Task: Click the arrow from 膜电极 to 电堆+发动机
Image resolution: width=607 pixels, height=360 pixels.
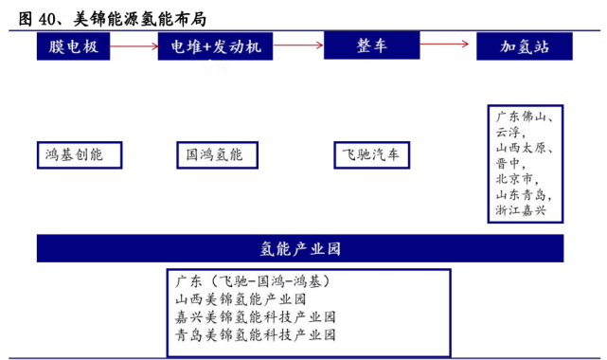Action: tap(133, 44)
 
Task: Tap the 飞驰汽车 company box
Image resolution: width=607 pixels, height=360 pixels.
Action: tap(372, 155)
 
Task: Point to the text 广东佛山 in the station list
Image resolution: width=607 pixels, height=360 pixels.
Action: tap(523, 116)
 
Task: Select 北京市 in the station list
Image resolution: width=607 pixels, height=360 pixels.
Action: tap(515, 178)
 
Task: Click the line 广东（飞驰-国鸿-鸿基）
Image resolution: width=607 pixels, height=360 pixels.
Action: tap(252, 281)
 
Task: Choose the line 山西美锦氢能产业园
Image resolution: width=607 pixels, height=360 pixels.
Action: tap(241, 299)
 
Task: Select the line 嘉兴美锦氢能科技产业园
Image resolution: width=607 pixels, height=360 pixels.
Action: tap(255, 317)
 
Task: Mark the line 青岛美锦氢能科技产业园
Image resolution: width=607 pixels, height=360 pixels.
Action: tap(255, 335)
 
